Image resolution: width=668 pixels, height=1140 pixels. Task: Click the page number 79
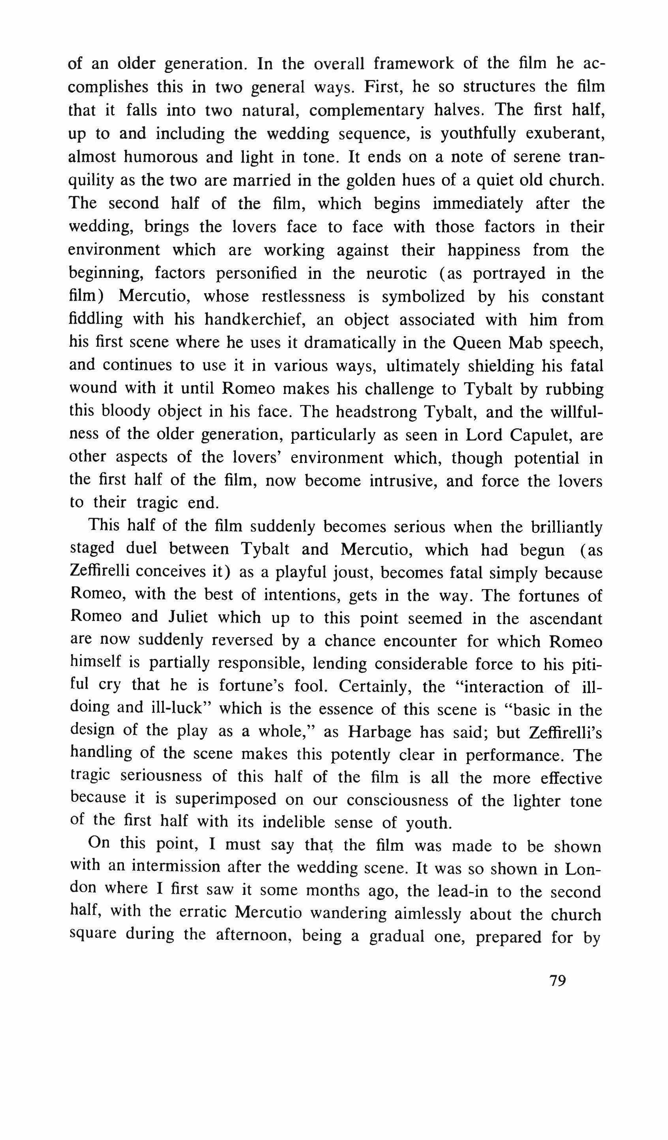point(558,980)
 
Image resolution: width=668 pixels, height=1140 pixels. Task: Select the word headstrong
point(371,412)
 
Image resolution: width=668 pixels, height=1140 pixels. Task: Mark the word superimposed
point(226,799)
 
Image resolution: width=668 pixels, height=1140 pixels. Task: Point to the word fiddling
point(95,320)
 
